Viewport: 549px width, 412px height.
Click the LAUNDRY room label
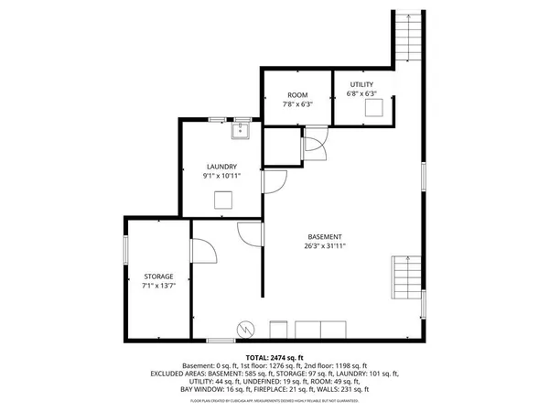(x=222, y=166)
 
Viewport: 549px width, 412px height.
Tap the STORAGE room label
(x=158, y=276)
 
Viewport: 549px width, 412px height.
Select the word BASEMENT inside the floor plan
(x=325, y=235)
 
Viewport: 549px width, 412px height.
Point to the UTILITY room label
(x=361, y=84)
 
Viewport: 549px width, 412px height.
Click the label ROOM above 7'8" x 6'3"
(x=297, y=95)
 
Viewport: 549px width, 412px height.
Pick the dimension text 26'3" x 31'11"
(x=325, y=245)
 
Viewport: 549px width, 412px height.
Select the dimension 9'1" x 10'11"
(x=222, y=176)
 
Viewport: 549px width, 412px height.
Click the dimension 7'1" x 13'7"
(x=158, y=286)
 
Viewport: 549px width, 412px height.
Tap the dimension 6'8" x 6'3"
(x=361, y=93)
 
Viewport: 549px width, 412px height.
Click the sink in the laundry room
(x=241, y=132)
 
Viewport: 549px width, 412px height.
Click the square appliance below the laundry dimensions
(x=223, y=201)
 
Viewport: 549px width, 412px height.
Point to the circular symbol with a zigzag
(x=245, y=328)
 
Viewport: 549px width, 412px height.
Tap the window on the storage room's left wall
(x=125, y=251)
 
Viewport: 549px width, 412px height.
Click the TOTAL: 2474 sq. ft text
(x=274, y=356)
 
